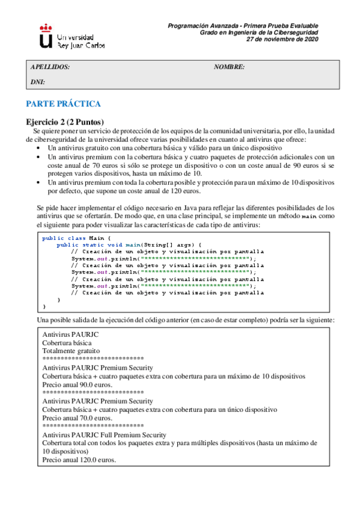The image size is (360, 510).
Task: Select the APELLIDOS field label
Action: tap(50, 67)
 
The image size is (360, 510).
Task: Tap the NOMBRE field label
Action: tap(229, 67)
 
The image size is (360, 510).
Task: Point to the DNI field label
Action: tap(38, 81)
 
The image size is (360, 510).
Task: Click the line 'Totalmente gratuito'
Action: tap(71, 350)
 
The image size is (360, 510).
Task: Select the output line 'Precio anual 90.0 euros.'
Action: tap(77, 384)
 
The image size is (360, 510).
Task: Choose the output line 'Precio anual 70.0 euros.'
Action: tap(77, 417)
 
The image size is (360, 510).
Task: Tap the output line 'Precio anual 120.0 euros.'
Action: tap(79, 459)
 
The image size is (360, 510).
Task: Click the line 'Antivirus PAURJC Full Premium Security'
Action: tap(104, 434)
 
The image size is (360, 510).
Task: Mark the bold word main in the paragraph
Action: tap(308, 216)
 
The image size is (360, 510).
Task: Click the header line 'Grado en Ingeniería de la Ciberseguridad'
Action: tap(259, 32)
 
